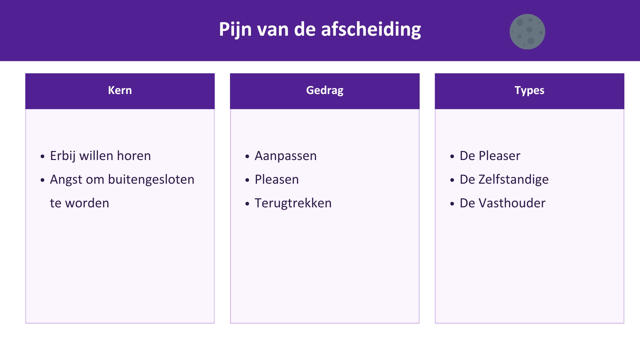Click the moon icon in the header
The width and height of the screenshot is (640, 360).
527,32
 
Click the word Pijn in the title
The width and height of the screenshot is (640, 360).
235,30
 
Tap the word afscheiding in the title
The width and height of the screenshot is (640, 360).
371,30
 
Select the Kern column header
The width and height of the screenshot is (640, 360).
120,90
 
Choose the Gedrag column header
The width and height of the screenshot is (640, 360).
325,91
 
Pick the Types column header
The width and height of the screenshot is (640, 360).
529,91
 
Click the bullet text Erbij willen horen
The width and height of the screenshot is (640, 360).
100,156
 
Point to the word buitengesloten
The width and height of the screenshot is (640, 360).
151,179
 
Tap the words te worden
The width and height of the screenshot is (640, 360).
79,203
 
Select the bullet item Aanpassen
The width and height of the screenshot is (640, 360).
286,156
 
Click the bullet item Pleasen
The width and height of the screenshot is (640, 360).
277,179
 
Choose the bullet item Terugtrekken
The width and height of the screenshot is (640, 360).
293,203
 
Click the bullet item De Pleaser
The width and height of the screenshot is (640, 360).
490,156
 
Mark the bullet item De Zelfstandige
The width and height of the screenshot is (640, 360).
504,180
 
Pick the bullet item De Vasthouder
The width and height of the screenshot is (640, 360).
503,203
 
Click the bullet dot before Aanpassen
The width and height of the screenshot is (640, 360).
247,156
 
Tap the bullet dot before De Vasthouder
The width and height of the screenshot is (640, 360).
452,204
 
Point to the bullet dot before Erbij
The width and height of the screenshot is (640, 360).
42,156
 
